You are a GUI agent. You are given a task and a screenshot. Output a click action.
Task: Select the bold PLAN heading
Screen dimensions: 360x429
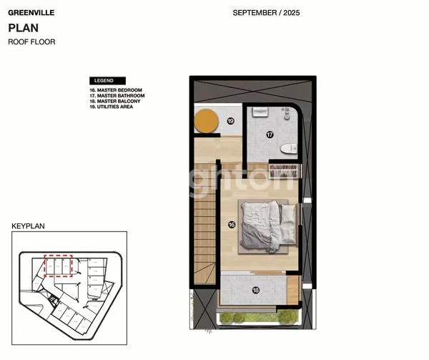23,28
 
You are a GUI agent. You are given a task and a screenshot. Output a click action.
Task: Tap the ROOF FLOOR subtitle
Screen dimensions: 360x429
31,42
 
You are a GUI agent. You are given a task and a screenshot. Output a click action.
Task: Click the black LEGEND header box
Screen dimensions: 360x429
107,80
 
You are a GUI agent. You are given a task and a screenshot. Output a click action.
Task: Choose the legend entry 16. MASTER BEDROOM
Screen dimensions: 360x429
117,90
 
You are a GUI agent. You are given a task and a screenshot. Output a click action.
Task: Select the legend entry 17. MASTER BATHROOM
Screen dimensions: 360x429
118,96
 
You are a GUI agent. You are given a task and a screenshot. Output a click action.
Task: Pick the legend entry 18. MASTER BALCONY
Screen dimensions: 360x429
117,102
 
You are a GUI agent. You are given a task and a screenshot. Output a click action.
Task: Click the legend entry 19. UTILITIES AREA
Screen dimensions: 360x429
115,107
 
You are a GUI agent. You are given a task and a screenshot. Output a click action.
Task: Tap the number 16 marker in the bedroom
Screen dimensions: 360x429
231,224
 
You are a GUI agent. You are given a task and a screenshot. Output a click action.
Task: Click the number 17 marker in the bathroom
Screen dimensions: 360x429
270,134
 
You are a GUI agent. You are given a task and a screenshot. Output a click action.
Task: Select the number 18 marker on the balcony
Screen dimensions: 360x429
255,290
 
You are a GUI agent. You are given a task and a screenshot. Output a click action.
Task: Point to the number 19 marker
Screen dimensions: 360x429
230,121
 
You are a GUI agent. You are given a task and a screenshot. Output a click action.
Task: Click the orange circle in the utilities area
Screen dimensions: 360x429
207,120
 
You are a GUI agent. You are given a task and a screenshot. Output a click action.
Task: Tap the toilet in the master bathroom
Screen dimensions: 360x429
288,149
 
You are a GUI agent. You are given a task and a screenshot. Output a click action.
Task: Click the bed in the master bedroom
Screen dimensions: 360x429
267,225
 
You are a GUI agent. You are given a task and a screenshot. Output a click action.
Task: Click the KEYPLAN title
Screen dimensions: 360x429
29,225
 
